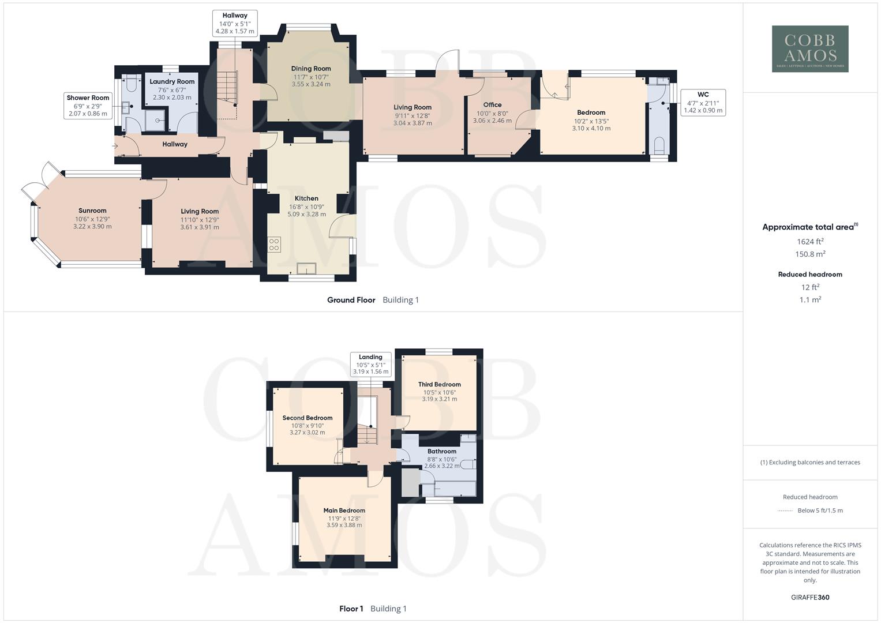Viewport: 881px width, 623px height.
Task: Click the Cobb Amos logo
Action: click(810, 48)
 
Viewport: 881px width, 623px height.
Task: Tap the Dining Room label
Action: click(311, 69)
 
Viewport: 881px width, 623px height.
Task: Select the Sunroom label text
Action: click(92, 211)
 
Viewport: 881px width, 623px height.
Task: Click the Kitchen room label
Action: click(306, 198)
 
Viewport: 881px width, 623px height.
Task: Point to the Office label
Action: click(492, 105)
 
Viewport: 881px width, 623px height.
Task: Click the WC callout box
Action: click(703, 102)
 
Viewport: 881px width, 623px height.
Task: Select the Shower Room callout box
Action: click(88, 106)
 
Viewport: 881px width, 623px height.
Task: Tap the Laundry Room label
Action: click(172, 82)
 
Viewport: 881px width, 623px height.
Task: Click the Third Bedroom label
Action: click(440, 385)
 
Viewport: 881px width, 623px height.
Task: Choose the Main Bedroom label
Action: click(344, 511)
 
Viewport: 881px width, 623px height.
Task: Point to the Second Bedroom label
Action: click(307, 418)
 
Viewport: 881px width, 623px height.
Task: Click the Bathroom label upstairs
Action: click(442, 452)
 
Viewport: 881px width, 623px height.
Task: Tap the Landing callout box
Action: click(370, 365)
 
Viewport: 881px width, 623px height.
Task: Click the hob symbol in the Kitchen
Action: click(274, 245)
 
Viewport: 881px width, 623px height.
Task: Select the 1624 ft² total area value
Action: click(810, 242)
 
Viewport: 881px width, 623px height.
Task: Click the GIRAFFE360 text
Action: click(810, 598)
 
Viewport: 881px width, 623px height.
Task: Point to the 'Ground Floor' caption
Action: click(351, 300)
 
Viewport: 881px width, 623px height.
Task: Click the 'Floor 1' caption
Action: click(351, 609)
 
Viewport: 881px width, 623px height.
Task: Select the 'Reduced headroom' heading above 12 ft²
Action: click(810, 275)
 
